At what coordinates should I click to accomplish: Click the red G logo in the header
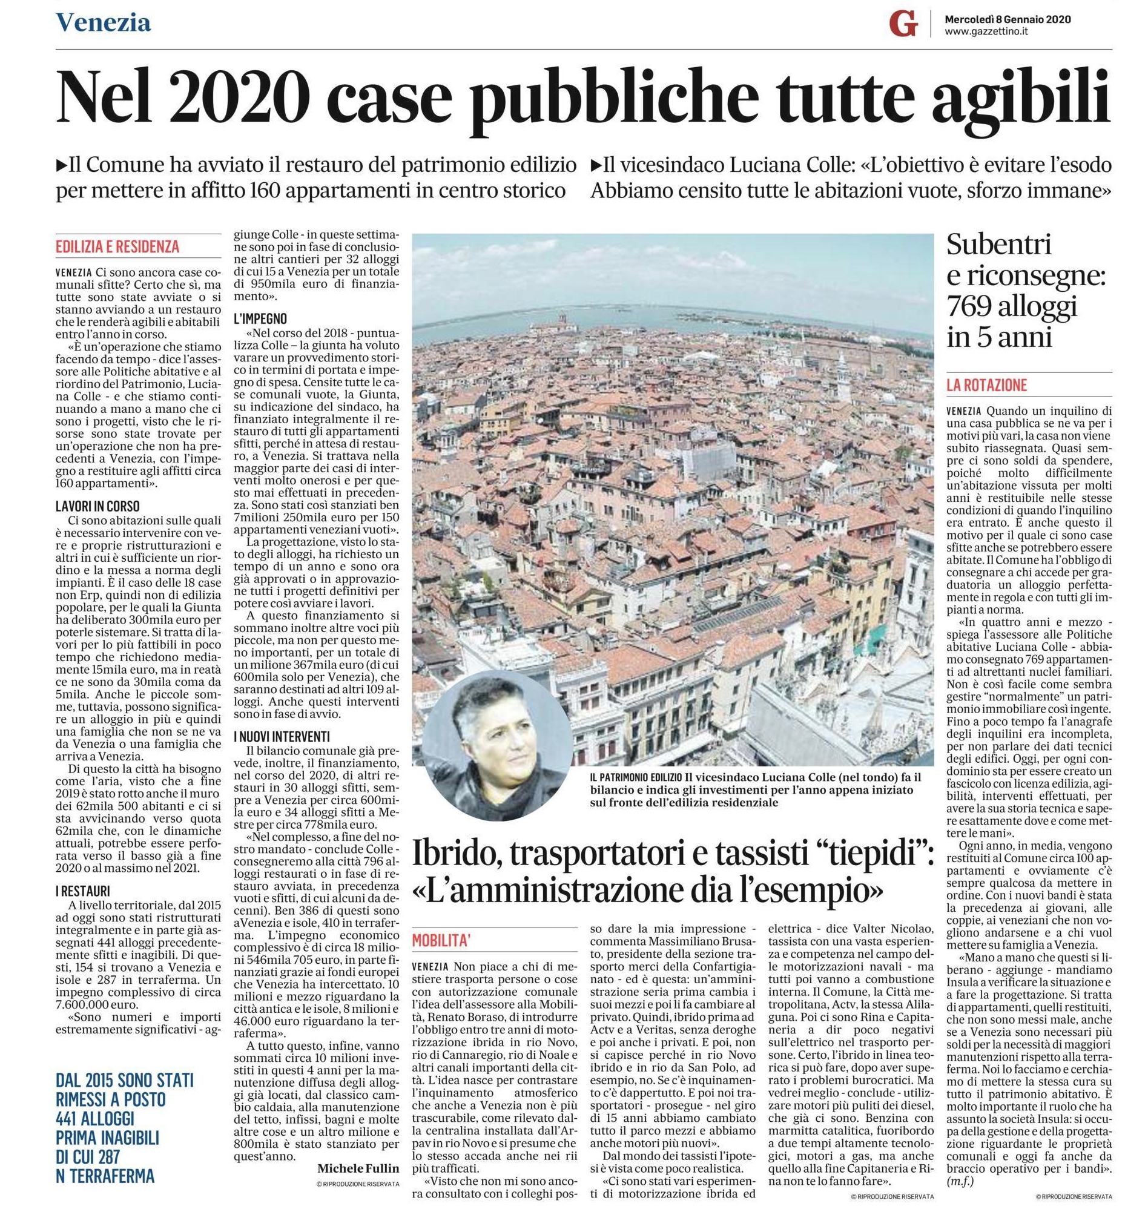tap(903, 25)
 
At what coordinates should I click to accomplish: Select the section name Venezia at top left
tap(104, 23)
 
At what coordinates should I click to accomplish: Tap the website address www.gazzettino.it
tap(986, 32)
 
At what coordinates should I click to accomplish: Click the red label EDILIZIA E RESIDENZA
tap(117, 246)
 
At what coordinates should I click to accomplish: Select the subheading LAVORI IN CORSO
tap(97, 506)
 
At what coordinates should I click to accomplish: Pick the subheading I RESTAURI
tap(82, 891)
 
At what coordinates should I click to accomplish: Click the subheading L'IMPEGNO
tap(260, 319)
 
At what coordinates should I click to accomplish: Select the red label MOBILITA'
tap(441, 941)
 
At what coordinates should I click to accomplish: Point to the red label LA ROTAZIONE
tap(986, 386)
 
